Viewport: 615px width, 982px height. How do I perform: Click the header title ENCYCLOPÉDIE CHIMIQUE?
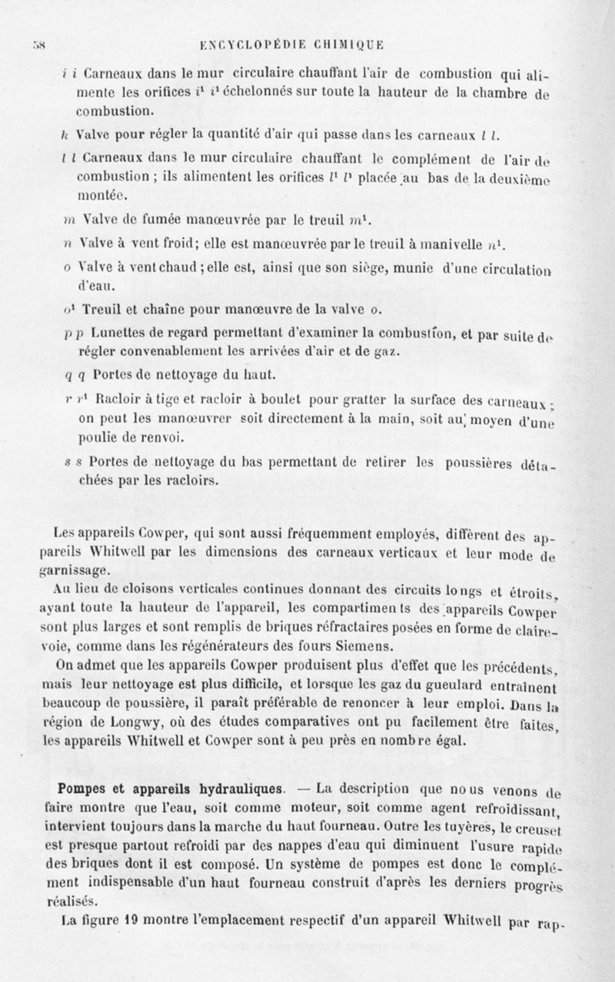pos(296,45)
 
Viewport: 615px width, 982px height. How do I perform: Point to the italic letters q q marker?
pos(71,375)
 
